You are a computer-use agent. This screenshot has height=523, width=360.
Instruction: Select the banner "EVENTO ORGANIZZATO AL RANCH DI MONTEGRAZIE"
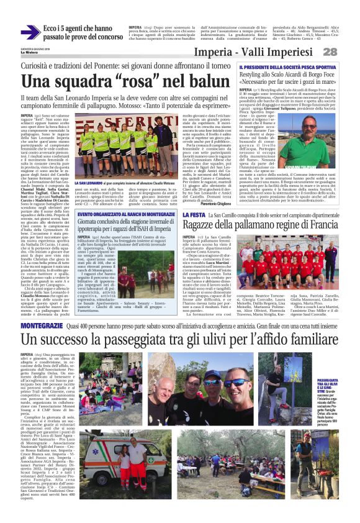(124, 214)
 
